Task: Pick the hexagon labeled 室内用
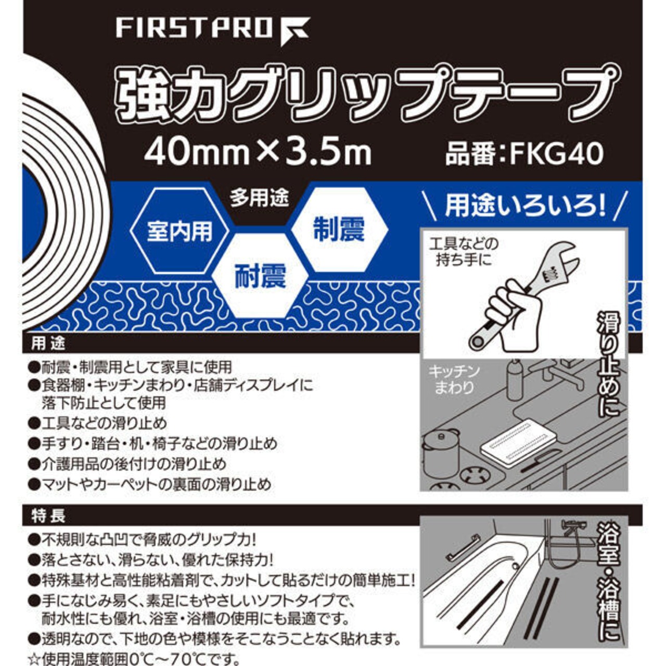(x=180, y=230)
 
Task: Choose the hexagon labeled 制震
(x=339, y=229)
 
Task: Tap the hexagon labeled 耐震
(x=260, y=275)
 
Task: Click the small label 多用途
(x=259, y=198)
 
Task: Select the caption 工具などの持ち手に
(x=464, y=252)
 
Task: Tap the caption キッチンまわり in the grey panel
(x=454, y=379)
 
